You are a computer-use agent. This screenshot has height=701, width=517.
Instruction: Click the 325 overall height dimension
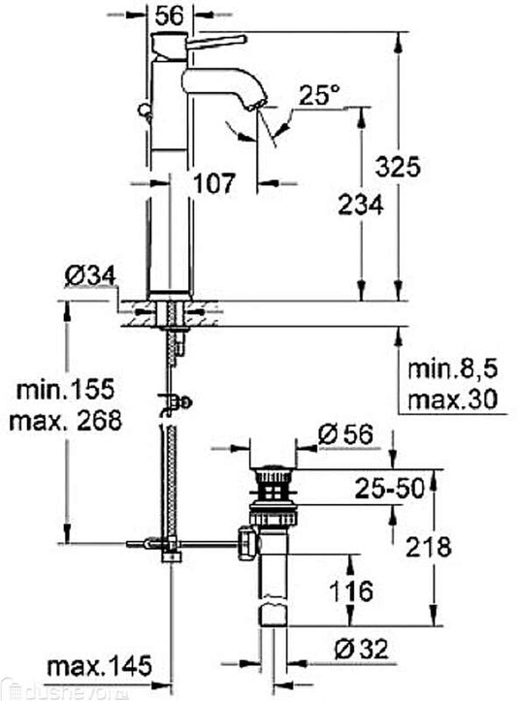click(x=398, y=167)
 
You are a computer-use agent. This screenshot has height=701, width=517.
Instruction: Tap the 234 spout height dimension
click(x=361, y=206)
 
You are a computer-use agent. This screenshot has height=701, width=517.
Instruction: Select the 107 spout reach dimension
click(x=213, y=183)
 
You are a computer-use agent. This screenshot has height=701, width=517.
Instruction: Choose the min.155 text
click(x=65, y=390)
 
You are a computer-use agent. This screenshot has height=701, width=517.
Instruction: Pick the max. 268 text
click(x=65, y=420)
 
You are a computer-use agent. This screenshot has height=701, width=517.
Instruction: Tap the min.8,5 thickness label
click(x=452, y=369)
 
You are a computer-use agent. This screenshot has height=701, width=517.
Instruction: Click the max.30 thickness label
click(x=452, y=399)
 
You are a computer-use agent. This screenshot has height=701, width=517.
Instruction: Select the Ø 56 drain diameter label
click(x=344, y=434)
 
